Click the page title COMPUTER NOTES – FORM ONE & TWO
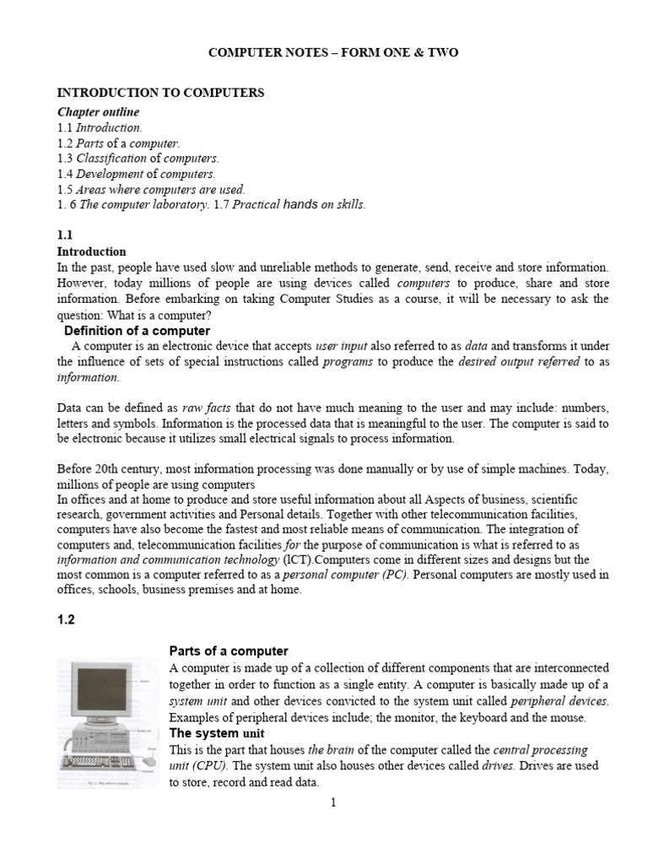pos(333,53)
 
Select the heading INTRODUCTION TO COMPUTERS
pos(160,93)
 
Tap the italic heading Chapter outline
pos(98,111)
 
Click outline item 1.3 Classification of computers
pos(138,159)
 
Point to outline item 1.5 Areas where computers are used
pos(151,190)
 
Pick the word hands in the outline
pos(300,206)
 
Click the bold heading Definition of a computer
pos(137,331)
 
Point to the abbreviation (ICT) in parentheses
pos(296,559)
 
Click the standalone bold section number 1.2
pos(66,619)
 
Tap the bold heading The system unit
pos(217,733)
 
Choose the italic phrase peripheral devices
pos(559,701)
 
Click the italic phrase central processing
pos(540,749)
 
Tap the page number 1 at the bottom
pos(333,802)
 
